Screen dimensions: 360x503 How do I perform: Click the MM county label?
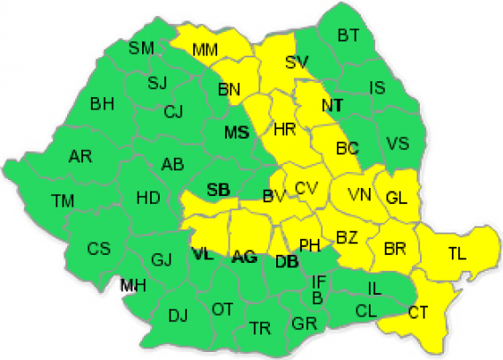point(205,50)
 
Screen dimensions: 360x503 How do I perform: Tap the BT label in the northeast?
point(349,35)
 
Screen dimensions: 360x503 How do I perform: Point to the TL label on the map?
point(456,253)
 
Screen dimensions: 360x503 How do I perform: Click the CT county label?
point(419,311)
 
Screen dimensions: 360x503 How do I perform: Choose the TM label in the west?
point(63,201)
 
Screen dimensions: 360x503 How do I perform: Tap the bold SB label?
point(218,190)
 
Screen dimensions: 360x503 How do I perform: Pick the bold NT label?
point(332,105)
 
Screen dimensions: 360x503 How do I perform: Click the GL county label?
point(397,199)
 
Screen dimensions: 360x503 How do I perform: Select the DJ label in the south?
point(178,315)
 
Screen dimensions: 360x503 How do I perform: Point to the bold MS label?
point(236,133)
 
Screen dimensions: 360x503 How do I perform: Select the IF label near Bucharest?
point(319,281)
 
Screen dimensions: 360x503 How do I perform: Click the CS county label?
point(99,248)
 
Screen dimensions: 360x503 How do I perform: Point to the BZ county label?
point(347,236)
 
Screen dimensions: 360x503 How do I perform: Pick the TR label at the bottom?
point(259,327)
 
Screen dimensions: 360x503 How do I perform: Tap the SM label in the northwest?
point(141,48)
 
